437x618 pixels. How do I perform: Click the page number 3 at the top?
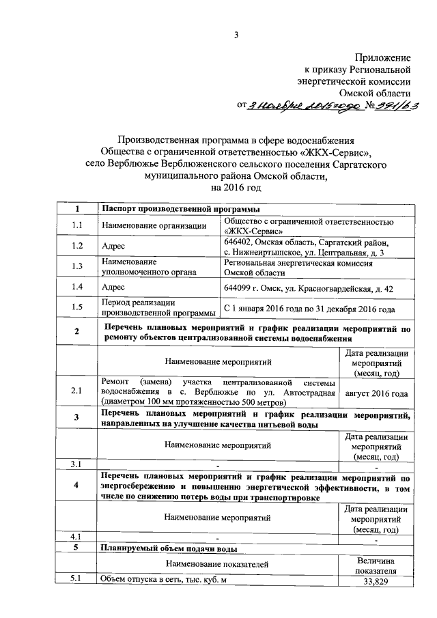tap(236, 36)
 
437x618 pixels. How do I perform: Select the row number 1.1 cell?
tap(77, 226)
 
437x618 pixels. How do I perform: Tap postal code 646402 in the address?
tap(240, 242)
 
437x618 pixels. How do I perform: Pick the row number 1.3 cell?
tap(77, 266)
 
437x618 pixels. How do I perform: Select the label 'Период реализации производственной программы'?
tap(156, 308)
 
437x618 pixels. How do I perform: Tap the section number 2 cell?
tap(77, 333)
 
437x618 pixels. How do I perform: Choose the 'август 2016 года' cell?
tap(377, 393)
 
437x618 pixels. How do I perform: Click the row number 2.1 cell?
tap(77, 391)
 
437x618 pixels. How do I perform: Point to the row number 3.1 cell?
tap(77, 465)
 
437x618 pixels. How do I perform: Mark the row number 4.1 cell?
tap(77, 536)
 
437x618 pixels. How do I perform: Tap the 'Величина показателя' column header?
tap(377, 564)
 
